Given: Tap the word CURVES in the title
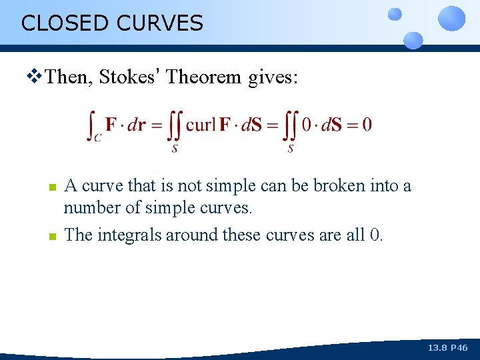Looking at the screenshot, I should click(x=159, y=23).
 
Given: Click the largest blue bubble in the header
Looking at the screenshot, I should click(x=452, y=18).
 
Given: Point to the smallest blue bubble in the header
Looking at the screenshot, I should click(x=395, y=13).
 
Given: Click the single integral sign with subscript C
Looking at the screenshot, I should click(x=93, y=125).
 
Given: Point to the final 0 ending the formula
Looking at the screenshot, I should click(x=367, y=125).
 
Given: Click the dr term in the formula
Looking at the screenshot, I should click(x=136, y=125).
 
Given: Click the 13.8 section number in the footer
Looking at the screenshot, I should click(x=437, y=348).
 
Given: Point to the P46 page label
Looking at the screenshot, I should click(x=460, y=348).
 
